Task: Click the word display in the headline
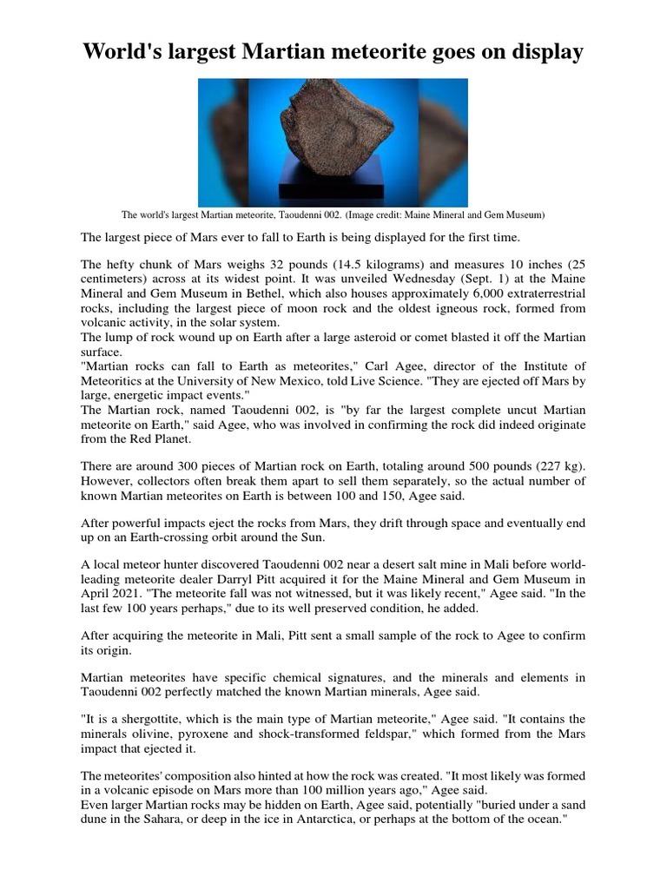tap(542, 52)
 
